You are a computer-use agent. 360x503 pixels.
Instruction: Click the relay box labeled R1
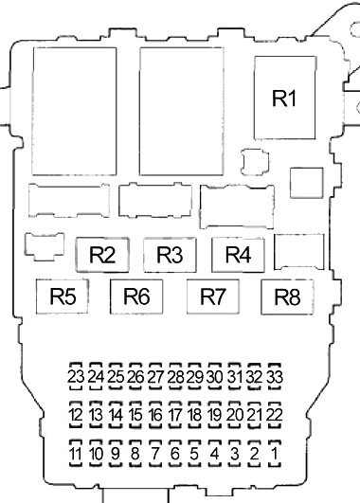284,98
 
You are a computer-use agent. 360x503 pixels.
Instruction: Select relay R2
102,255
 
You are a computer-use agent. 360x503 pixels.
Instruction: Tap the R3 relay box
170,255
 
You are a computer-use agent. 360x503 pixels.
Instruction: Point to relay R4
238,255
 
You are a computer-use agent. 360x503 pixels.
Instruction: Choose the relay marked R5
63,296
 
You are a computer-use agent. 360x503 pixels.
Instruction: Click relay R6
136,296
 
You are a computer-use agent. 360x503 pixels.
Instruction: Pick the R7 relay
213,296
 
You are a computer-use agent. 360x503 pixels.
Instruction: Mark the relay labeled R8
287,296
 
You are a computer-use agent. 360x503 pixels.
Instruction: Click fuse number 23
76,377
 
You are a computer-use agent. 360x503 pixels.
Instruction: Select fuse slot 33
275,377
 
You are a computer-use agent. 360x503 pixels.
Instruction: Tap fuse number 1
275,454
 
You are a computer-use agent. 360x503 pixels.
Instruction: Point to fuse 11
76,454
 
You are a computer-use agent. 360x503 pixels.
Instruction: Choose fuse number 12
76,415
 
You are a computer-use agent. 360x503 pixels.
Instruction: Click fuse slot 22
275,415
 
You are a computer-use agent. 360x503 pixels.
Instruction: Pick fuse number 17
175,415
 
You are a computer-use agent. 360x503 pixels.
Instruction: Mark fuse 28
175,377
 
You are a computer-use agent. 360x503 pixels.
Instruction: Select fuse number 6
175,454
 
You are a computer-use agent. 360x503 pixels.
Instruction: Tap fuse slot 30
215,377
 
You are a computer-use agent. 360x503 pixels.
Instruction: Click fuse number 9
116,454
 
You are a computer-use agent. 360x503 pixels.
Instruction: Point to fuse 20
235,415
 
